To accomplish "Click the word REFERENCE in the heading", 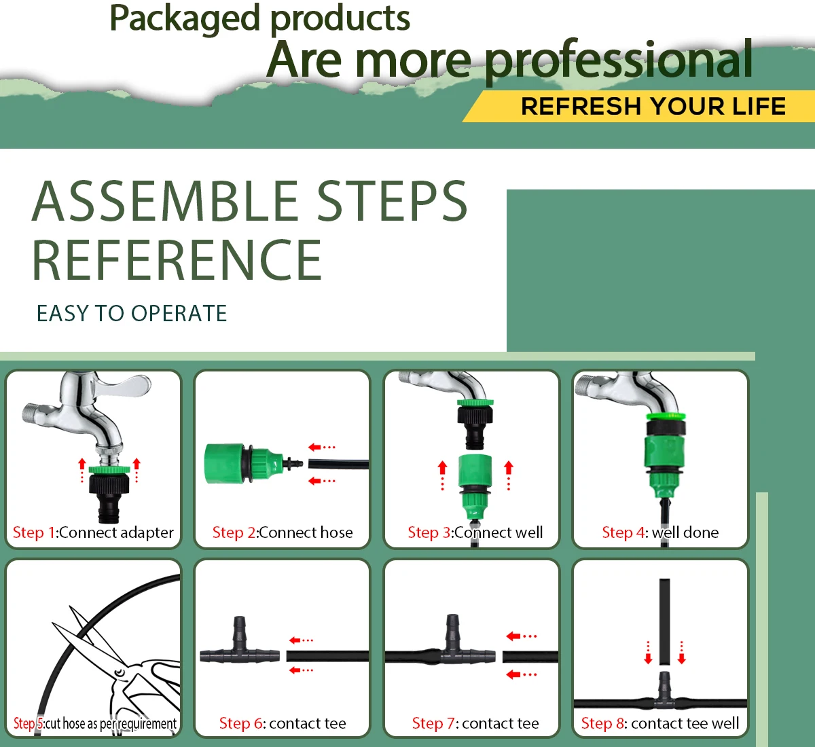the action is [x=177, y=260].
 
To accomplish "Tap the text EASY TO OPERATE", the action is [x=132, y=313].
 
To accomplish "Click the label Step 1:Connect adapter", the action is [x=93, y=532].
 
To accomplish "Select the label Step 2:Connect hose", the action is [x=283, y=532].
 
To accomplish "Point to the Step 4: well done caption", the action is [x=660, y=532].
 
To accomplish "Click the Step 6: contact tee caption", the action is [x=283, y=723].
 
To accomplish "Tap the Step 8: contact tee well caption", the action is [x=660, y=723].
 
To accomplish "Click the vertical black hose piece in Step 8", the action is [x=665, y=621].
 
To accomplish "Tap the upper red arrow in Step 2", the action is [x=321, y=447].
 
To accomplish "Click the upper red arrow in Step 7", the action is [x=521, y=636].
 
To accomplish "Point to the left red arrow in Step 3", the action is [x=443, y=474].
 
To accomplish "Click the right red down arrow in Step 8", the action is [x=682, y=653].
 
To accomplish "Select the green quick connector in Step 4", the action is [x=664, y=445].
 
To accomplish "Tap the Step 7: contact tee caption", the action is [x=475, y=723].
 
